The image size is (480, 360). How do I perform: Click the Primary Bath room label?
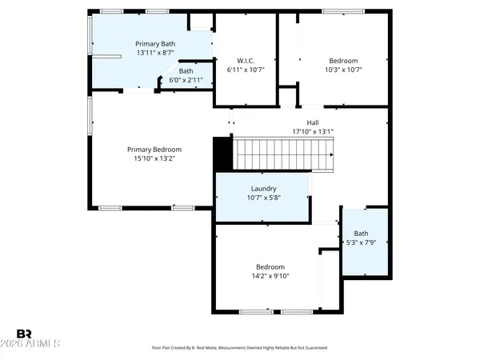pyautogui.click(x=154, y=44)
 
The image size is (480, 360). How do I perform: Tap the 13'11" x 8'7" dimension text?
pyautogui.click(x=154, y=53)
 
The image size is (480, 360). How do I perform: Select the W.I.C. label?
pyautogui.click(x=246, y=61)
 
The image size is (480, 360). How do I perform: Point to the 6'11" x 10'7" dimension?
pyautogui.click(x=246, y=70)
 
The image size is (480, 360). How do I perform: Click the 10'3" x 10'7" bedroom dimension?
pyautogui.click(x=343, y=70)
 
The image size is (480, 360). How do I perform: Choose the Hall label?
pyautogui.click(x=302, y=123)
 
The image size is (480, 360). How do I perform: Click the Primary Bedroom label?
pyautogui.click(x=154, y=150)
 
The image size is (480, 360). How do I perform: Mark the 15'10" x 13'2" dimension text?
pyautogui.click(x=154, y=158)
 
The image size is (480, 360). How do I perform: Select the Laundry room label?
pyautogui.click(x=263, y=189)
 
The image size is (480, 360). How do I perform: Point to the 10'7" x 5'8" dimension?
pyautogui.click(x=263, y=198)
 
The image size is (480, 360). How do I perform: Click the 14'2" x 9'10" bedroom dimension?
pyautogui.click(x=270, y=276)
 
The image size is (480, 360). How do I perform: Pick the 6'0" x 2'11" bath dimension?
pyautogui.click(x=186, y=80)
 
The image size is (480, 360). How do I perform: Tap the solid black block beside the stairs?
pyautogui.click(x=222, y=153)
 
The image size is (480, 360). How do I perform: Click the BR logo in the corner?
pyautogui.click(x=24, y=334)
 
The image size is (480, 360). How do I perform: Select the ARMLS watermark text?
pyautogui.click(x=38, y=345)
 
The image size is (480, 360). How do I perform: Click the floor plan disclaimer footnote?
pyautogui.click(x=239, y=348)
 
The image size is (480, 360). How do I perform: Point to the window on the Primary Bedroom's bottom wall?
pyautogui.click(x=110, y=208)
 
